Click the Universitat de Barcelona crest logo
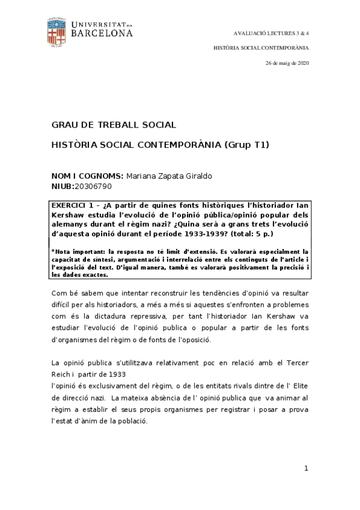point(57,33)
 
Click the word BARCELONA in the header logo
point(102,34)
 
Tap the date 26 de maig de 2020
point(287,63)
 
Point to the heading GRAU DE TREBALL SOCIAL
point(114,125)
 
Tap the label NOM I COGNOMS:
point(88,175)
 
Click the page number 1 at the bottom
point(306,468)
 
